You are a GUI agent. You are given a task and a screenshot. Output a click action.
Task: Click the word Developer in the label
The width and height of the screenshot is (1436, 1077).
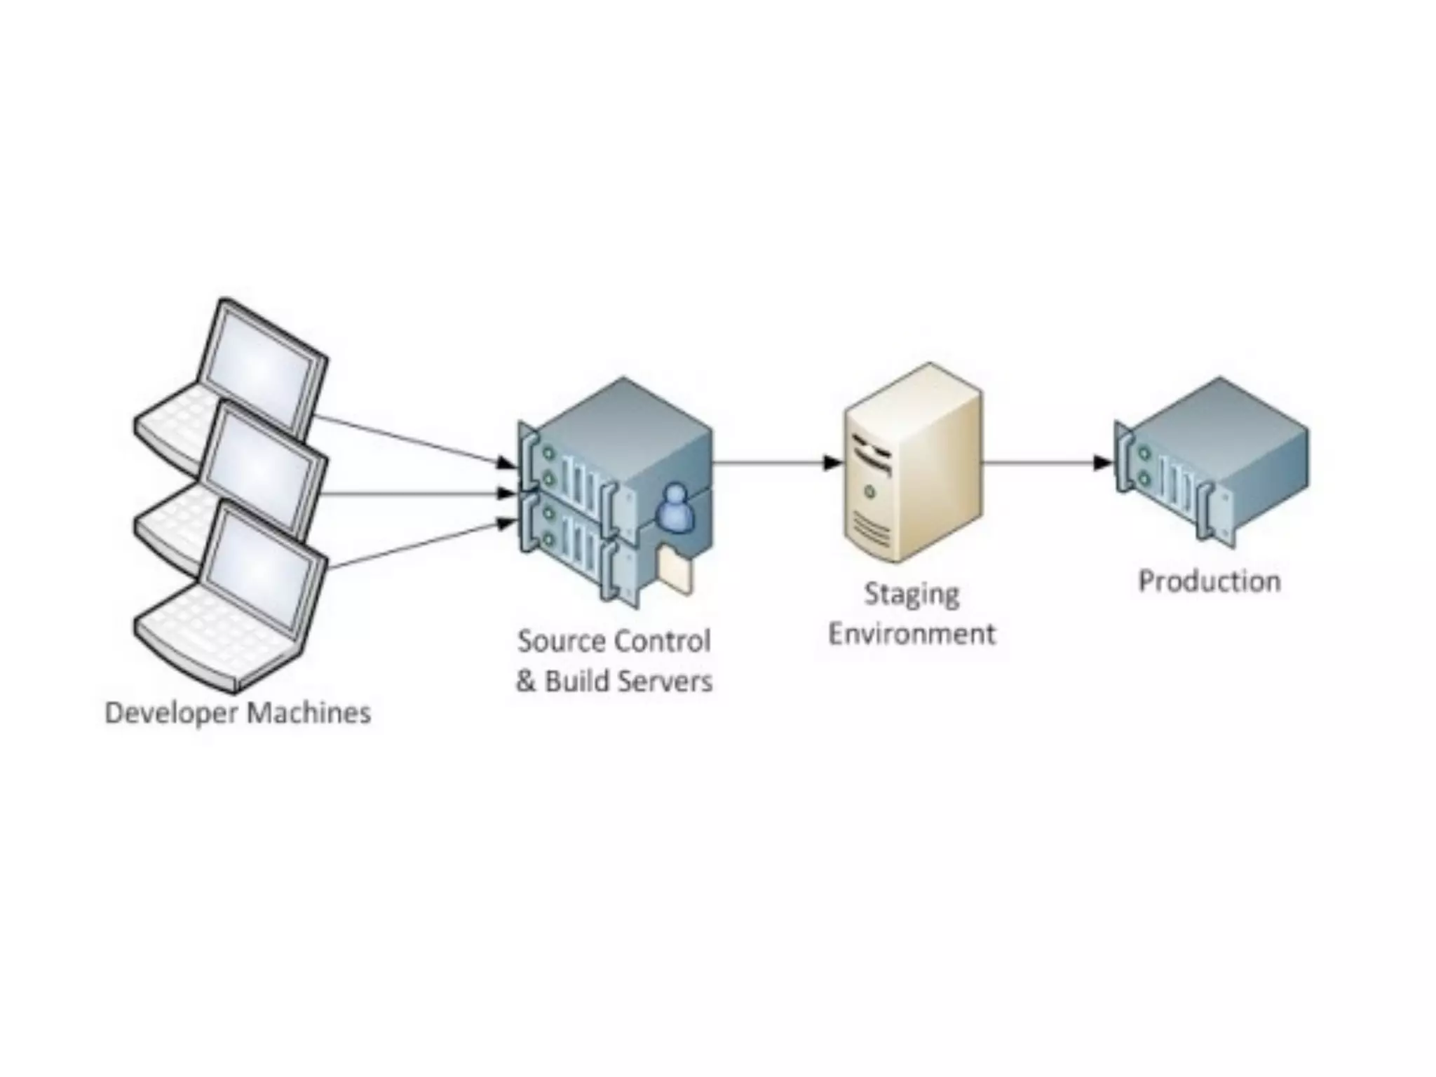(x=172, y=714)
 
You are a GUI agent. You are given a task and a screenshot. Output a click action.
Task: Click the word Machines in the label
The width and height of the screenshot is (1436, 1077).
(x=309, y=712)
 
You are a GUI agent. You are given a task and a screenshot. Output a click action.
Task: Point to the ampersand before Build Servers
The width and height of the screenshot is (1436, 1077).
(x=526, y=682)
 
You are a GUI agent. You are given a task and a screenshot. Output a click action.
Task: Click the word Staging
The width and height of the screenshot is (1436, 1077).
(x=912, y=595)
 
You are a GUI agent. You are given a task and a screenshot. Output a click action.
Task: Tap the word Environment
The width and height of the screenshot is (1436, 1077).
(x=912, y=634)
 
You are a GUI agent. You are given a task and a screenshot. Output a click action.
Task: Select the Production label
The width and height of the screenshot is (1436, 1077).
(x=1210, y=581)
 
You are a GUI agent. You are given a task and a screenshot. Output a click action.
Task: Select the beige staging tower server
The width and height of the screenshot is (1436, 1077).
(x=912, y=463)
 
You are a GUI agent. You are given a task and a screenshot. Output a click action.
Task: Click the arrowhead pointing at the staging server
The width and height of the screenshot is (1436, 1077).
(x=832, y=463)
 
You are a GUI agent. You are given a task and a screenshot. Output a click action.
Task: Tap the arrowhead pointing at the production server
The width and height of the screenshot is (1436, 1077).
(x=1103, y=463)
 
